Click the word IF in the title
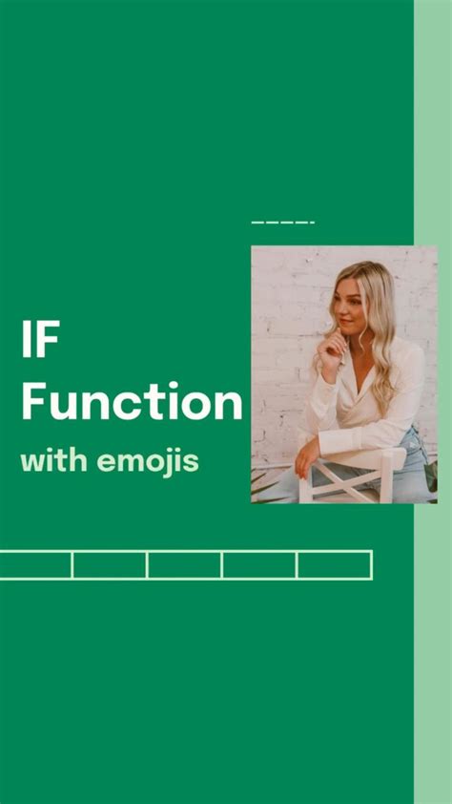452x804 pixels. click(40, 339)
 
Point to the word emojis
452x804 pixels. click(148, 462)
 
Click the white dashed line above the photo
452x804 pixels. click(283, 222)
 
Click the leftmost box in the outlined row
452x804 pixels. click(35, 565)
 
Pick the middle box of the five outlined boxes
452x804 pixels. click(184, 565)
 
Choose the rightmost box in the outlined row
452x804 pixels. click(335, 565)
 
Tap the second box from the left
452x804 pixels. click(110, 565)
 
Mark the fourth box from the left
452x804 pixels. click(259, 565)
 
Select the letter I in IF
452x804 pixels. click(25, 339)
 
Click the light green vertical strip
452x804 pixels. click(433, 402)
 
